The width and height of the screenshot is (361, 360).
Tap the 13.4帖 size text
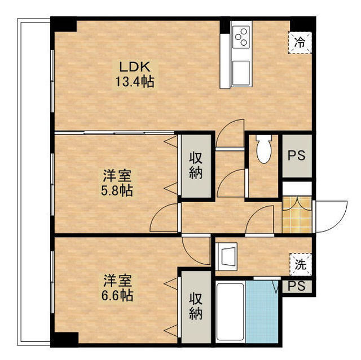click(134, 81)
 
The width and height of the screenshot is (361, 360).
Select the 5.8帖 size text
click(117, 190)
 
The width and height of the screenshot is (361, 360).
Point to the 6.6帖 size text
click(117, 294)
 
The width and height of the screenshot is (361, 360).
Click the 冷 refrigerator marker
click(301, 41)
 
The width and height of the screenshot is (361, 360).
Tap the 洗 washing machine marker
click(300, 264)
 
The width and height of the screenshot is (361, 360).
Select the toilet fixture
click(263, 149)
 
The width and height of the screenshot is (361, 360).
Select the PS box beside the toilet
click(297, 156)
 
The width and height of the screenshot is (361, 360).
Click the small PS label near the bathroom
click(296, 286)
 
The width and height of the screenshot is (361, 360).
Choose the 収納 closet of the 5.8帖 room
click(196, 166)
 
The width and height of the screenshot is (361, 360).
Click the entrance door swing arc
click(333, 214)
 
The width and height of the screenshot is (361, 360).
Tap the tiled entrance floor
click(297, 214)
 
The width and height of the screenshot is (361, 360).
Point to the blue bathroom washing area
click(262, 312)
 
